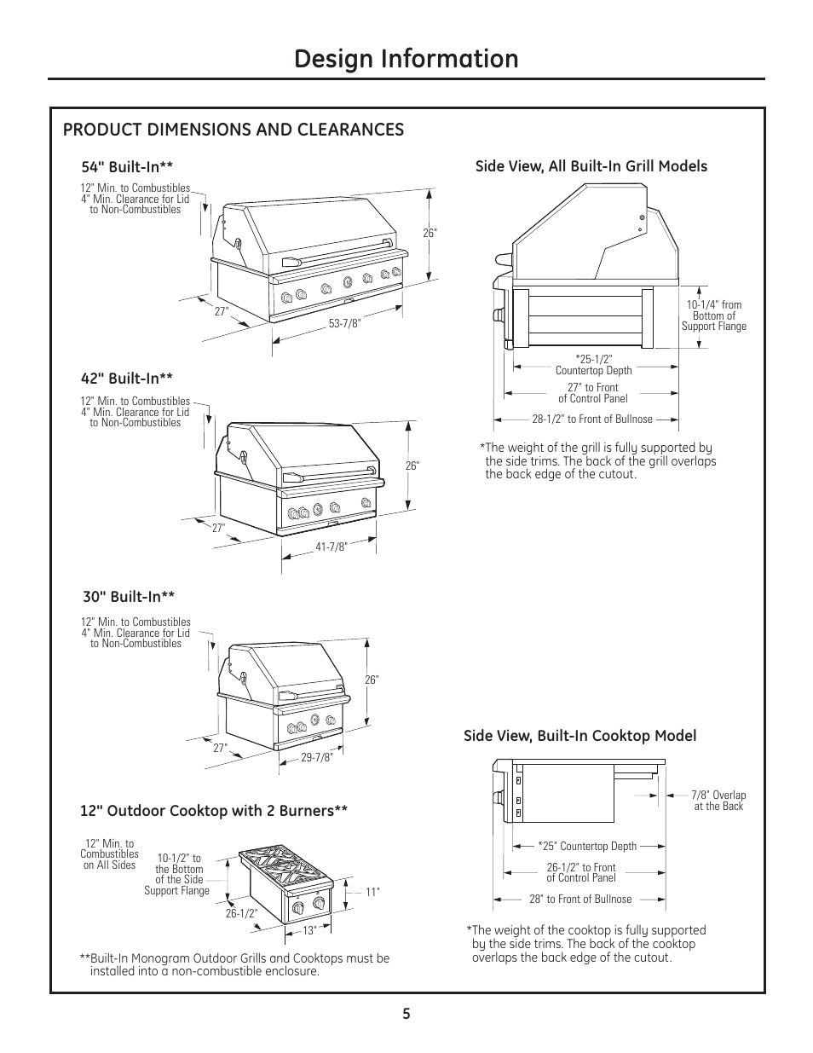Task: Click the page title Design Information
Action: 406,59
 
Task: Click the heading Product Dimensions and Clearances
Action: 234,129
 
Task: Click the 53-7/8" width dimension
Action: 345,321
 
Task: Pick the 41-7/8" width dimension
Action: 332,547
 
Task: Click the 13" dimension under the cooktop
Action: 309,930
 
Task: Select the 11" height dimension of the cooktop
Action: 372,892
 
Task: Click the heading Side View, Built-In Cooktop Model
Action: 579,736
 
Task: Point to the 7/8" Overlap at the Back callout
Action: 718,801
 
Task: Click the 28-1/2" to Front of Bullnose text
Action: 592,419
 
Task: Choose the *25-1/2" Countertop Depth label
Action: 593,364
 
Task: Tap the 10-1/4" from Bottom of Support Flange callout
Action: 713,315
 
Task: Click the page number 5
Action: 406,1014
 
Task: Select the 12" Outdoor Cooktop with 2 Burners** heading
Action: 214,811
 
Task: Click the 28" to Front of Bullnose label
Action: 580,899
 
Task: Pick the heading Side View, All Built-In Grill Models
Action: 591,166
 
